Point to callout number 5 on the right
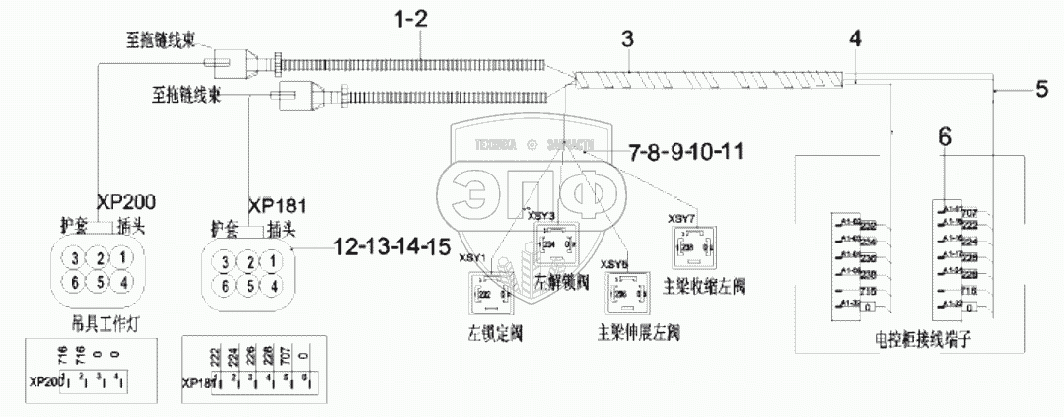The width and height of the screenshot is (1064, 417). coord(1041,90)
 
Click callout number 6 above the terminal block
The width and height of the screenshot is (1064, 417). coord(944,139)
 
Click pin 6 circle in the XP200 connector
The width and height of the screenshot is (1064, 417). coord(73,283)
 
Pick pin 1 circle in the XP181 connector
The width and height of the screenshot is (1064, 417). coord(277,262)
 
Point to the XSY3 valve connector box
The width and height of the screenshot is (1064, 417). coord(554,243)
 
